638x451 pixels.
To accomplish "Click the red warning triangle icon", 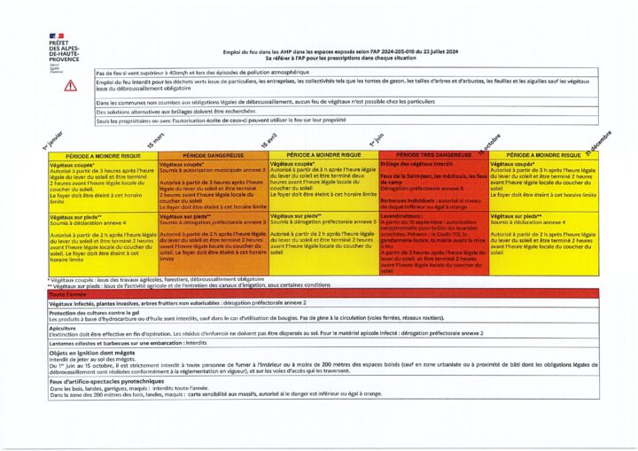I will pos(71,85).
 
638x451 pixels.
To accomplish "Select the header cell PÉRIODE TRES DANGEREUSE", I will pos(434,155).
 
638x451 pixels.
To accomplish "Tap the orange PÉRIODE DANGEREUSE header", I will pos(213,155).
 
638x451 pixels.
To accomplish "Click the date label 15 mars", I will pos(156,140).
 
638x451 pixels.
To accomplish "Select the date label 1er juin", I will pos(377,139).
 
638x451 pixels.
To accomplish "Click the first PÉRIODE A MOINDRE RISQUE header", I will pos(102,155).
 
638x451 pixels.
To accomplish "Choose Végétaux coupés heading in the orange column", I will pos(181,165).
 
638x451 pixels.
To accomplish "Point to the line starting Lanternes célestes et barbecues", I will pos(133,342).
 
